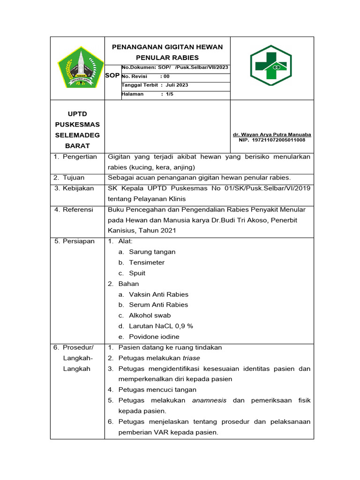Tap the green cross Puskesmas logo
click(x=271, y=65)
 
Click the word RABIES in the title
click(x=183, y=58)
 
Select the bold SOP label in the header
click(x=112, y=75)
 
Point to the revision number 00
click(x=166, y=76)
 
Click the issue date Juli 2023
click(x=177, y=85)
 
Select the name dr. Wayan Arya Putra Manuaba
click(x=272, y=135)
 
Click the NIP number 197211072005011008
click(x=278, y=140)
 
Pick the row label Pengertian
click(x=81, y=157)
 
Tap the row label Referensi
click(x=78, y=210)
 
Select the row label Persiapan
click(x=78, y=241)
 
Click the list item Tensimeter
click(x=147, y=262)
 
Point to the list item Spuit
click(x=137, y=273)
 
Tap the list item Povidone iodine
click(x=154, y=337)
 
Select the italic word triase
click(x=191, y=358)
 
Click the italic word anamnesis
click(x=209, y=400)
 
